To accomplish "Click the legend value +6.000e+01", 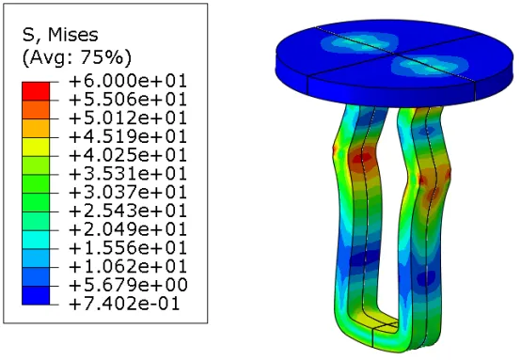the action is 128,81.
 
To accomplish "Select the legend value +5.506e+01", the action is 128,100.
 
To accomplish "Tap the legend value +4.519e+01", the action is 128,137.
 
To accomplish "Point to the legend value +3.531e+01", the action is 128,174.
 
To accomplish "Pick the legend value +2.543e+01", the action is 128,211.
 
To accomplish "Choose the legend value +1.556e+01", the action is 128,248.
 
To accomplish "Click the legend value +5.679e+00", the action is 128,286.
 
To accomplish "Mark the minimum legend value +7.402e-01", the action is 124,304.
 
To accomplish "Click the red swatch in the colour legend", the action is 36,91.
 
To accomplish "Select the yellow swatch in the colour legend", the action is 36,147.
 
